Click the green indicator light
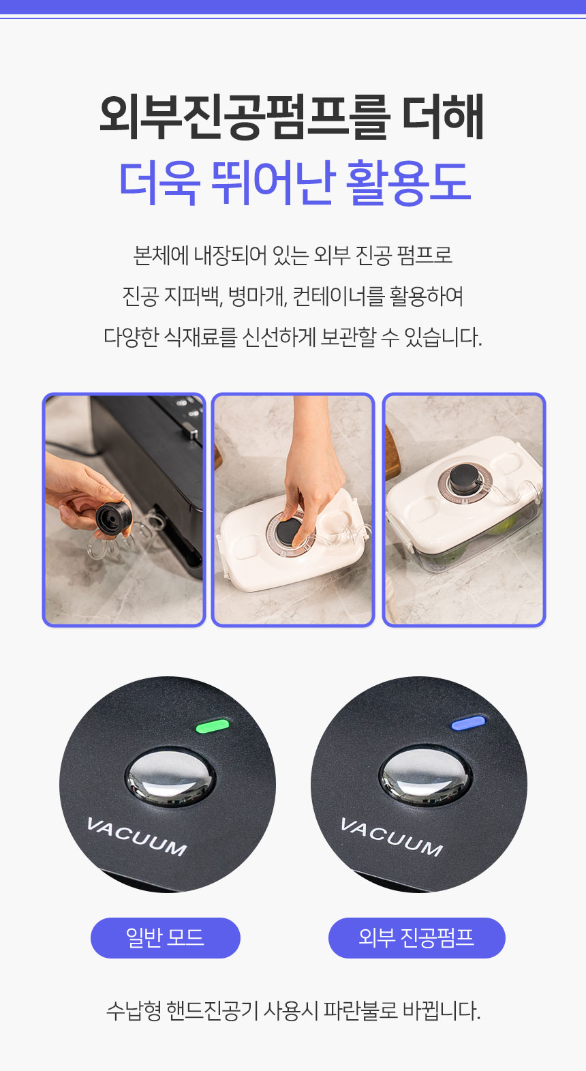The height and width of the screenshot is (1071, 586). point(213,725)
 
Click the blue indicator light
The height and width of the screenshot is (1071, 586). point(468,723)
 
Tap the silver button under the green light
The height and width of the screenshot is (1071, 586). point(170,777)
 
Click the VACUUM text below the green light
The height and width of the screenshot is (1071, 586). point(137,836)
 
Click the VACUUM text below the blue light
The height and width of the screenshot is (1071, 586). point(392,836)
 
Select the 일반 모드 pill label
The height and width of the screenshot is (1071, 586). point(165,937)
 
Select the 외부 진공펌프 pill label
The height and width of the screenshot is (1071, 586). point(416,937)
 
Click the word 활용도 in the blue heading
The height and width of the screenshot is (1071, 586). point(408,183)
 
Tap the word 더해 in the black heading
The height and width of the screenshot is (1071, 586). point(443,117)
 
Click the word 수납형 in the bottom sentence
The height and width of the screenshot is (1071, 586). point(134,1010)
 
